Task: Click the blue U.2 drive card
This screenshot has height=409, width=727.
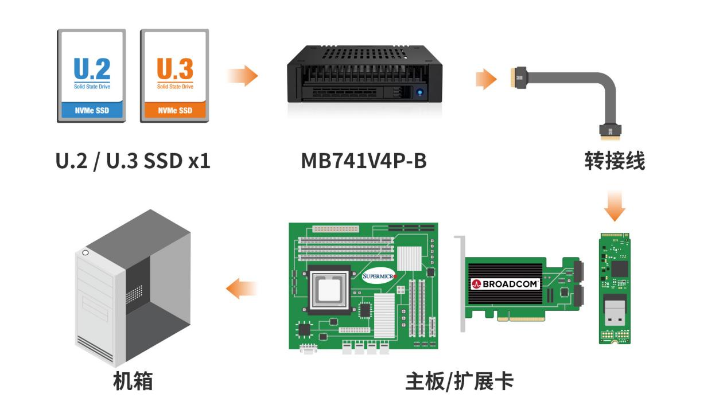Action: point(91,76)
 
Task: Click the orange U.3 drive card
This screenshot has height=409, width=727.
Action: point(174,76)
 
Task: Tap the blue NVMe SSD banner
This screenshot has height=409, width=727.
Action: point(92,110)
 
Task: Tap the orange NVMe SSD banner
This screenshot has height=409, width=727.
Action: point(175,110)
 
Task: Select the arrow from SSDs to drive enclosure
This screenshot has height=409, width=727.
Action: point(243,76)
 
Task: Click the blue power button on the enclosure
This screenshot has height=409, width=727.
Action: point(419,92)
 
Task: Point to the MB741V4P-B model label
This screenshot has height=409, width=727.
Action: point(364,161)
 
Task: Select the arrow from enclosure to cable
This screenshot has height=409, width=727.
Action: point(486,79)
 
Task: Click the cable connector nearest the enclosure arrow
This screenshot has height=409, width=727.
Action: point(519,77)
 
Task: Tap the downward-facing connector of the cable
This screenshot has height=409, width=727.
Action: point(610,132)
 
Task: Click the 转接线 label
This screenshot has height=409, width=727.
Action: point(615,161)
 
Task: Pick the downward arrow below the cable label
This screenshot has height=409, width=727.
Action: point(615,207)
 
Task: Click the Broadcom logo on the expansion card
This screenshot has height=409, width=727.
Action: point(505,284)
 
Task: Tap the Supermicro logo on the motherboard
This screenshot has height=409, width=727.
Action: point(379,276)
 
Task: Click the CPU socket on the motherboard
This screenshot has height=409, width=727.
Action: point(329,290)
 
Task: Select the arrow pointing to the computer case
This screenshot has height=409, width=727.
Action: point(241,289)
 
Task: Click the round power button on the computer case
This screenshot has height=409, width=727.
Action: point(85,252)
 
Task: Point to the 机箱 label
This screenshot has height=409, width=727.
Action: point(133,381)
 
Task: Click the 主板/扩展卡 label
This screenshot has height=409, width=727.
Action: point(460,381)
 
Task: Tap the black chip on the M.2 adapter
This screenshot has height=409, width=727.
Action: point(619,269)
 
